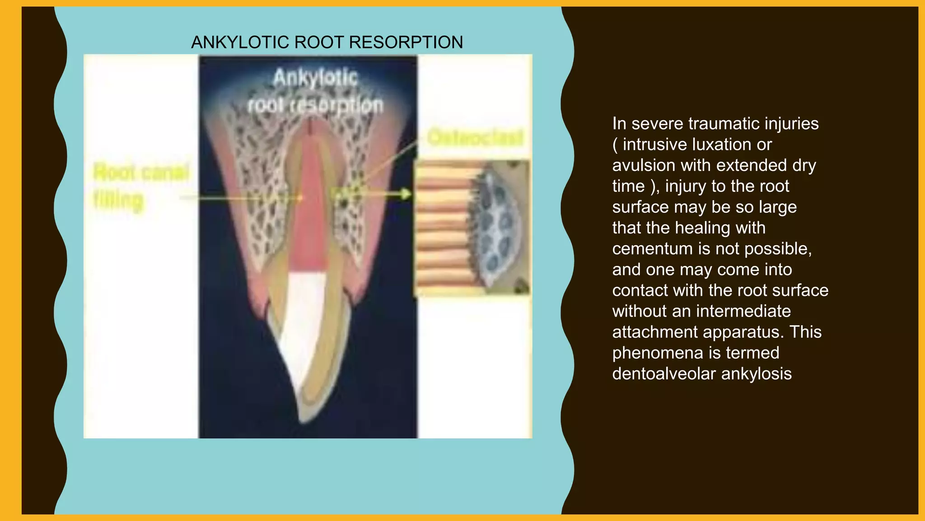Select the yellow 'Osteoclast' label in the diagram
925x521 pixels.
(x=475, y=137)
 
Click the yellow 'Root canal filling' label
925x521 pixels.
(x=141, y=185)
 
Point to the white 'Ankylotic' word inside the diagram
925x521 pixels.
(x=315, y=78)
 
